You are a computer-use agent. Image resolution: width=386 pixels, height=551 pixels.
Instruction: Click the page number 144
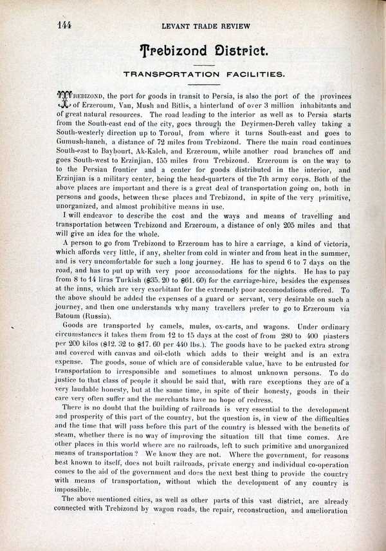(x=63, y=25)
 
